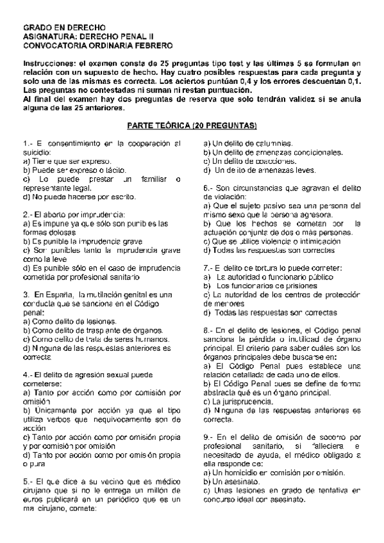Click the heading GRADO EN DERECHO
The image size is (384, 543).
pyautogui.click(x=63, y=29)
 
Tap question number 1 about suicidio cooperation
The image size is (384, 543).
pyautogui.click(x=26, y=142)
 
